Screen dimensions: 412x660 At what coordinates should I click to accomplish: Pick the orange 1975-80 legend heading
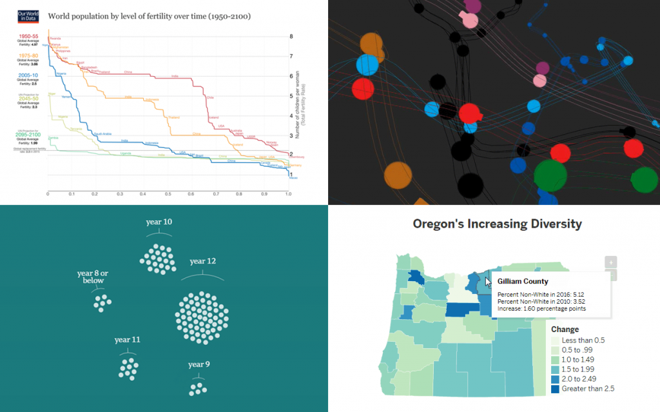tap(28, 56)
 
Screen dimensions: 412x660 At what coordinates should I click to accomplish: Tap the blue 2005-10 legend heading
tap(28, 75)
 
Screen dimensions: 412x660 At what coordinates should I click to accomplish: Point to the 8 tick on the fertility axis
tap(291, 37)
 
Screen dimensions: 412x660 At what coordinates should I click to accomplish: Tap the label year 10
tap(159, 222)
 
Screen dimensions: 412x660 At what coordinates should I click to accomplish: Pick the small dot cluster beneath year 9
tap(198, 388)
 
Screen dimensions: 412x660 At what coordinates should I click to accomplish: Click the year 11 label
tap(128, 339)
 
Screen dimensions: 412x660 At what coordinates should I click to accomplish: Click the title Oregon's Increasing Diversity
tap(497, 224)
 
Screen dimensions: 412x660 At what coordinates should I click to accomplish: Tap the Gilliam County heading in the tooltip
tap(523, 281)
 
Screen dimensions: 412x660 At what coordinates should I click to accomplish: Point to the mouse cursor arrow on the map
tap(489, 281)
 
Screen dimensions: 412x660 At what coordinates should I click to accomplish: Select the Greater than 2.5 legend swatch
tap(554, 389)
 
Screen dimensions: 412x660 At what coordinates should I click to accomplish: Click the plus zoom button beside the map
tap(610, 262)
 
